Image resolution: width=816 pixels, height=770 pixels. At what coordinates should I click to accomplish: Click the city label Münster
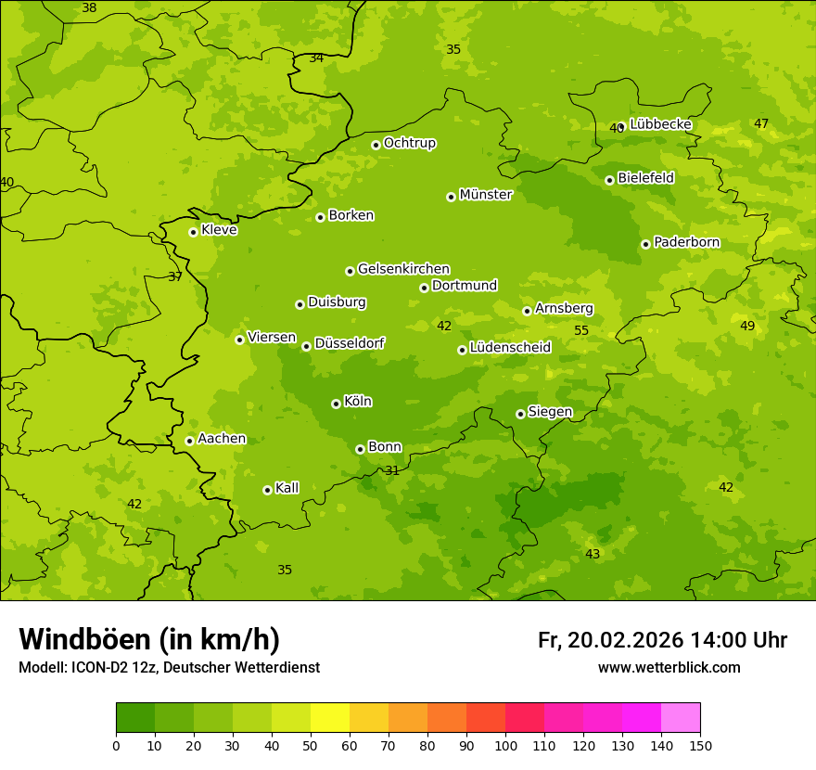[485, 195]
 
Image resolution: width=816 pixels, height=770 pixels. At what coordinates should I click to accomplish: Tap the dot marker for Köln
[336, 404]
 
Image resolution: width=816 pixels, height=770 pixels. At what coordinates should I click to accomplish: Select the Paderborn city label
[686, 242]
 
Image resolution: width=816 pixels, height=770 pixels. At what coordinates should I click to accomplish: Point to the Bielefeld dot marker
[609, 180]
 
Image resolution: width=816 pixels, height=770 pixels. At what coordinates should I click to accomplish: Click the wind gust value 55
[581, 331]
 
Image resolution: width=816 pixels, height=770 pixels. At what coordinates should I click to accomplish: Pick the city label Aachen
[222, 439]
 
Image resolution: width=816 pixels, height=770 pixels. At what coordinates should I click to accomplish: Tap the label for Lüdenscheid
[510, 348]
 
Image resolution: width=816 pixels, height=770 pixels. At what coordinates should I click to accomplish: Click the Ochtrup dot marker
[376, 145]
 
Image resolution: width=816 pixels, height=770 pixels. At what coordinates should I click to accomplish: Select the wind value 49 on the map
[747, 326]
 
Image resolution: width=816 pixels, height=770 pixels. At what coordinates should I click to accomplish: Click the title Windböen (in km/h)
[149, 639]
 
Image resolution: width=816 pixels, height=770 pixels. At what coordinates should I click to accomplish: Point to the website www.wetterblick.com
[669, 667]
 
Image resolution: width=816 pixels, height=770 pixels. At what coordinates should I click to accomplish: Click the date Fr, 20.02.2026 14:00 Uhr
[662, 640]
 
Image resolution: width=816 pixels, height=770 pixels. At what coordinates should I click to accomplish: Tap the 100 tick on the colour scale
[505, 745]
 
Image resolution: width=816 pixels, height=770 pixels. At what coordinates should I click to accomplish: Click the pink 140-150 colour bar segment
[681, 718]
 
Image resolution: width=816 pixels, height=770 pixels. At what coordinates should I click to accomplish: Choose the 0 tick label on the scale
[116, 745]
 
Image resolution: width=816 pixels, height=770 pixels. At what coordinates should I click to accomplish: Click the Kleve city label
[219, 230]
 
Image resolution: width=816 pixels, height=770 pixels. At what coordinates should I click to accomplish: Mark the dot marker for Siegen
[520, 414]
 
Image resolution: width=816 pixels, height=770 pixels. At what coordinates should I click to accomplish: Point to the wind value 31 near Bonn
[392, 470]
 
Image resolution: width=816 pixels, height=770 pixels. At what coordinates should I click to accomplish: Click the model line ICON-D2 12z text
[169, 667]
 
